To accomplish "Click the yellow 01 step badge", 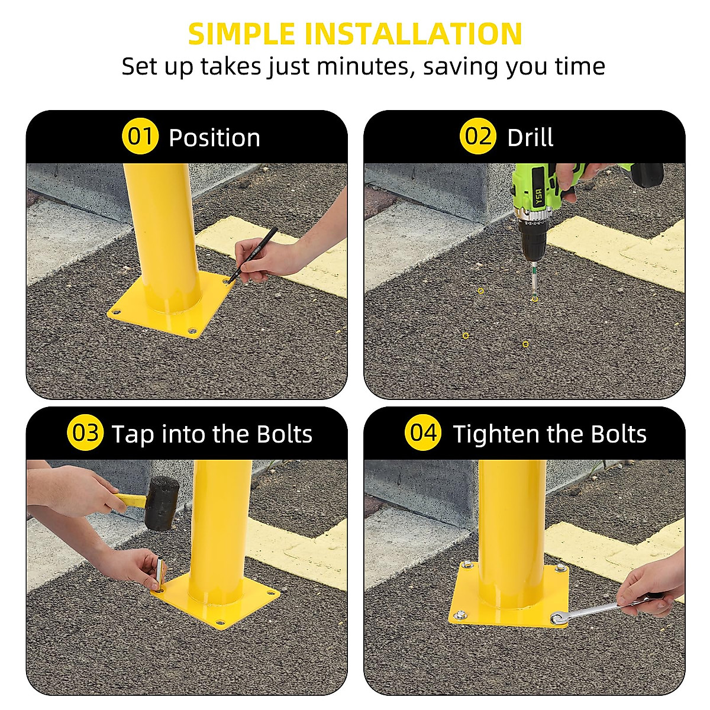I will click(140, 137).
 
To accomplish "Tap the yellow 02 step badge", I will click(477, 137).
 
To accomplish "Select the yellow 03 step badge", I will click(86, 433).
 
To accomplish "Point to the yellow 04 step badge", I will click(423, 433).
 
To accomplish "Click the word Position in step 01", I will click(214, 138).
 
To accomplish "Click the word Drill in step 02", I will click(530, 138).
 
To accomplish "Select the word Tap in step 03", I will click(133, 434).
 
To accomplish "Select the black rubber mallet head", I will click(163, 502).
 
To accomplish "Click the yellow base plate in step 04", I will click(509, 609).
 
